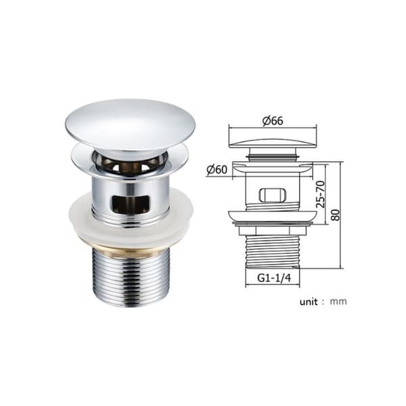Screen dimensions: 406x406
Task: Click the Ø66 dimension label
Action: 273,121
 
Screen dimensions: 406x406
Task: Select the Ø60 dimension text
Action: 217,170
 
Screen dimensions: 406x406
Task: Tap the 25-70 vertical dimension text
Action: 320,194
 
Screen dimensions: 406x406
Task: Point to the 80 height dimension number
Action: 336,215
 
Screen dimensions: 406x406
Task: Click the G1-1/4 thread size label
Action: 274,278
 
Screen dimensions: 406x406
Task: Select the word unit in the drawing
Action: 309,302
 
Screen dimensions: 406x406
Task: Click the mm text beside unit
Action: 338,302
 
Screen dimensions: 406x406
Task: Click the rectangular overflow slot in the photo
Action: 131,204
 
